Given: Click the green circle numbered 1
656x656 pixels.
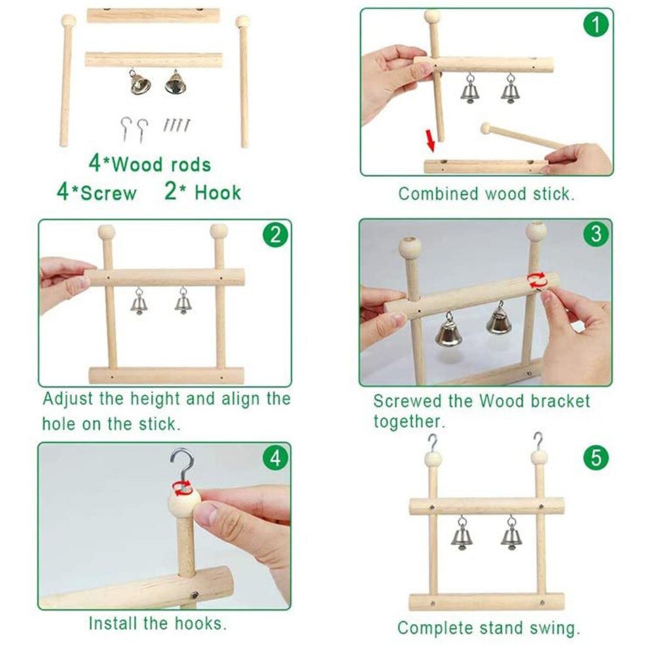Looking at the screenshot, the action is [x=596, y=25].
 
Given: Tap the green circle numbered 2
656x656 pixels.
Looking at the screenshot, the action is [x=275, y=235].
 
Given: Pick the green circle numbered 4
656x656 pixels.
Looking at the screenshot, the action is [x=275, y=459].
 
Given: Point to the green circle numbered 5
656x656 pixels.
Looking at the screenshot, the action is [x=596, y=457].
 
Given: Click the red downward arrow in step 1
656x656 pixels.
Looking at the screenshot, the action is [x=430, y=140].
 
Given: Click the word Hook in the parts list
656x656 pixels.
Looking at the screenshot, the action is [x=218, y=192].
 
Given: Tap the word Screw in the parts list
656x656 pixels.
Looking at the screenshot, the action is [x=108, y=193].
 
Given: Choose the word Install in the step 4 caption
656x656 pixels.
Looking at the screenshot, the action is [x=112, y=623].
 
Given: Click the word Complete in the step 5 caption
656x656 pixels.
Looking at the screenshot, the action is [x=435, y=628].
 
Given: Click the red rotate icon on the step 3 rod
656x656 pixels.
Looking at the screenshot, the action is [x=536, y=280].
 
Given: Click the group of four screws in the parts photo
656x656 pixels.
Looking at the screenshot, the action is [x=177, y=124].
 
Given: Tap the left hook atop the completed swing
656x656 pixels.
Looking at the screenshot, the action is [x=432, y=443].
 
